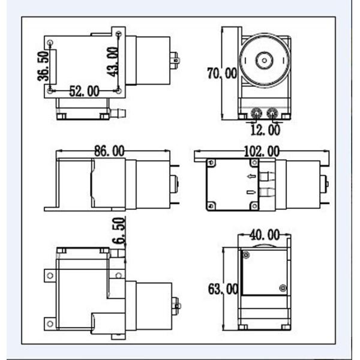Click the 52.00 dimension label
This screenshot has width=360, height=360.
coord(84,91)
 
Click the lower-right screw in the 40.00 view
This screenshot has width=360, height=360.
coord(282,286)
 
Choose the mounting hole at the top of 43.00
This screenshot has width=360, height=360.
coord(119,37)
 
